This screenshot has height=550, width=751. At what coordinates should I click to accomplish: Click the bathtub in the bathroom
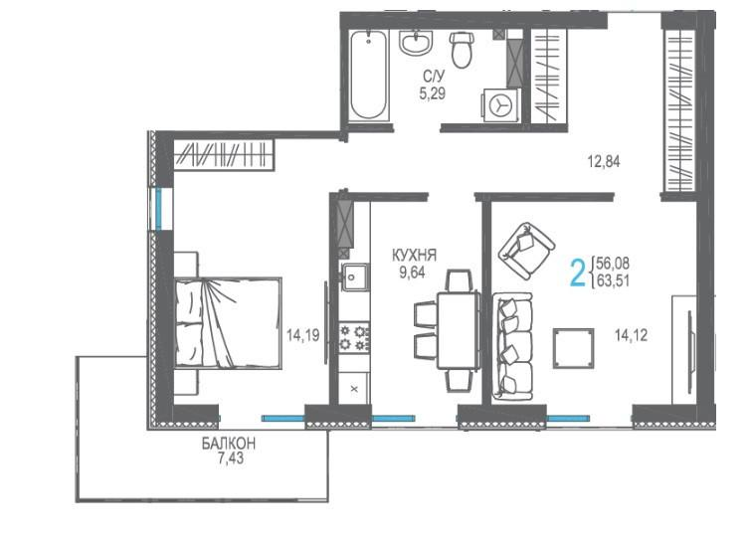368,76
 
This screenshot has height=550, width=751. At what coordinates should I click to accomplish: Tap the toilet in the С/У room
462,50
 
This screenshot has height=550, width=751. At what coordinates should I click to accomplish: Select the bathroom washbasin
416,42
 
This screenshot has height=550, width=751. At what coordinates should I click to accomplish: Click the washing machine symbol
501,104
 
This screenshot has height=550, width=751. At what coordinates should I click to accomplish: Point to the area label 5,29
433,93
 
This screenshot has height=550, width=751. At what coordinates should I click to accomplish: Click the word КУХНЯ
415,256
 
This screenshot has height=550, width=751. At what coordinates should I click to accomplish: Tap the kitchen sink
355,276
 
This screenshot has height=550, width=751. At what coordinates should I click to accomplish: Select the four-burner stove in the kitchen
354,337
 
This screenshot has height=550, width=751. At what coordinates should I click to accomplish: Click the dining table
458,330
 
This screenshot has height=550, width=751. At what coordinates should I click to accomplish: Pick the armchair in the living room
526,251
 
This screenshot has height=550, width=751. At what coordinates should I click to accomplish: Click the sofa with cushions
512,347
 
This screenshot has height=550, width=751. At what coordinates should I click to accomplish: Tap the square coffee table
573,348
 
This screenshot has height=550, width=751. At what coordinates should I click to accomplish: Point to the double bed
228,323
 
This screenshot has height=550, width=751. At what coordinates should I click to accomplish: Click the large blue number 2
579,272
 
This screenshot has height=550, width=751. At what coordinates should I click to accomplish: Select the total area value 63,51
613,280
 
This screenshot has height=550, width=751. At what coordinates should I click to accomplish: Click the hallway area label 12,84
604,161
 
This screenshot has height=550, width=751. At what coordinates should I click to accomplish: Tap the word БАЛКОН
229,444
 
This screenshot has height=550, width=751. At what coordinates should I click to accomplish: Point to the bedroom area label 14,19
303,335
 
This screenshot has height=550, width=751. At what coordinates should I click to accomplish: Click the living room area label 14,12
631,335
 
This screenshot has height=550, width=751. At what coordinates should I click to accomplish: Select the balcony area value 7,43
231,458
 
